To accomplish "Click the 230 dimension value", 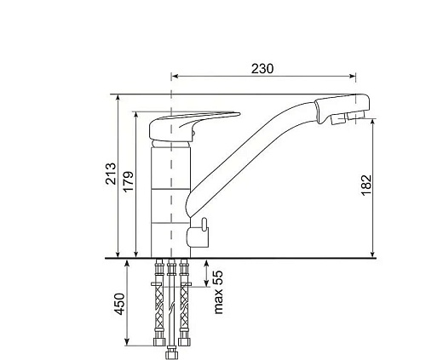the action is tap(262, 69).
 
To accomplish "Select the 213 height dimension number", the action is tap(111, 174).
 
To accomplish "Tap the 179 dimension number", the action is tap(129, 181).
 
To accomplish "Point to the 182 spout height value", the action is tap(366, 185).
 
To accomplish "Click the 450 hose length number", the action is tap(119, 304).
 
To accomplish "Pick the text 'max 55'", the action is tap(218, 292).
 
